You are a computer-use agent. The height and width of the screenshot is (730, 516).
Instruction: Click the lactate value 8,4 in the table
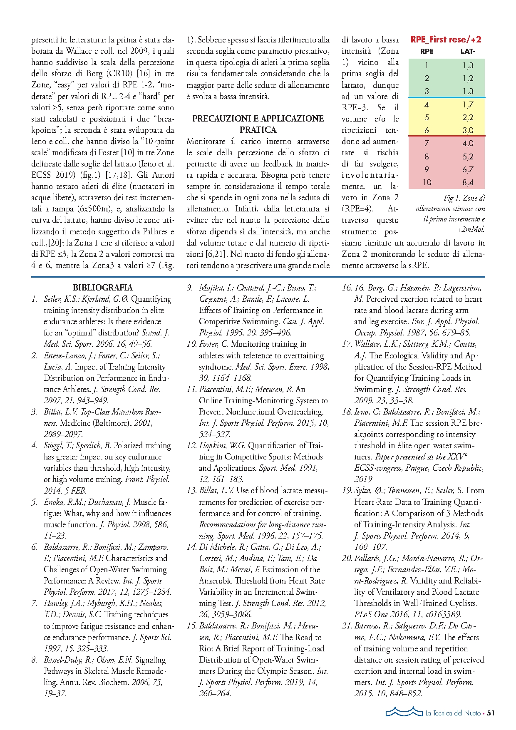tap(468, 182)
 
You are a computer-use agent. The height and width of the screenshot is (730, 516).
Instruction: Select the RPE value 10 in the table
tap(427, 182)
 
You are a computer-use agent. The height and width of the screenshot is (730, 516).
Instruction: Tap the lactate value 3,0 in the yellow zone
tap(468, 130)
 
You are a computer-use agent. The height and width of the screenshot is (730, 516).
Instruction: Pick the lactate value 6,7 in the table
tap(468, 169)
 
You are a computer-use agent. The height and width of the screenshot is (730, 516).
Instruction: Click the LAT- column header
tap(467, 51)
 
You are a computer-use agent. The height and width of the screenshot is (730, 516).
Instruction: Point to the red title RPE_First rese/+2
tap(446, 40)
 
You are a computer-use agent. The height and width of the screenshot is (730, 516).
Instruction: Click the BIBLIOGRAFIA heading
tap(103, 288)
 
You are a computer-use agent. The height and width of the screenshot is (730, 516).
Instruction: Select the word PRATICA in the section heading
tap(258, 130)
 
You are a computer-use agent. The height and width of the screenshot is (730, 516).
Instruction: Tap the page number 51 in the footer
tap(491, 713)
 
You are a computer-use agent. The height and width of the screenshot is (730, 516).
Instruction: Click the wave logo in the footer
tap(404, 712)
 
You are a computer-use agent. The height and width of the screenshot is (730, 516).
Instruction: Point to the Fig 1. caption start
tap(454, 198)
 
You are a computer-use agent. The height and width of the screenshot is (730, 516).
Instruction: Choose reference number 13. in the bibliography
tap(192, 491)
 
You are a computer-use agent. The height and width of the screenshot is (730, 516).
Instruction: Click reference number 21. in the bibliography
tap(347, 626)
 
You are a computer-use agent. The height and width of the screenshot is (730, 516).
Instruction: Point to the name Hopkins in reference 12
tap(213, 446)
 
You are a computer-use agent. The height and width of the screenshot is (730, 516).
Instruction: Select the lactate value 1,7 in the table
tap(468, 104)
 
